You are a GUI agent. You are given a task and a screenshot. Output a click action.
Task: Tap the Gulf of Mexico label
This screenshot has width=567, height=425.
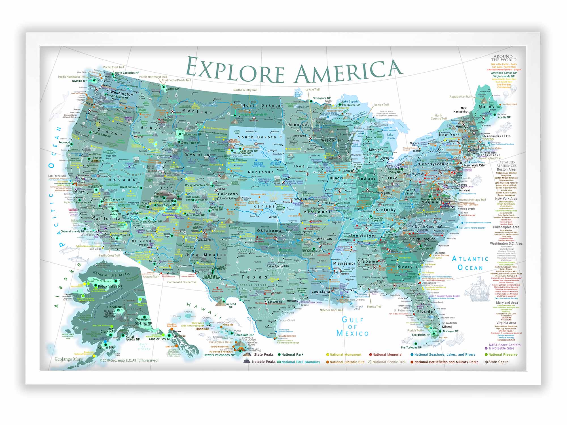[x=353, y=327]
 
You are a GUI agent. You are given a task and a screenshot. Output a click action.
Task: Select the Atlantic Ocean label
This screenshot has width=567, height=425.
[x=470, y=263]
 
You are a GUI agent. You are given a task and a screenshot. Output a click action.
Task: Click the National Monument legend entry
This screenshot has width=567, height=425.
[x=345, y=354]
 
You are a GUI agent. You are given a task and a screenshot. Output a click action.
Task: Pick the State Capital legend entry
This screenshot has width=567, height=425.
[x=499, y=362]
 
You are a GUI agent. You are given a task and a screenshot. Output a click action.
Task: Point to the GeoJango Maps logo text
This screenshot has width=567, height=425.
[x=69, y=359]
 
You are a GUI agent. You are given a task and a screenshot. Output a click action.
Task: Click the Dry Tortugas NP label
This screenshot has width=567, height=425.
[x=411, y=347]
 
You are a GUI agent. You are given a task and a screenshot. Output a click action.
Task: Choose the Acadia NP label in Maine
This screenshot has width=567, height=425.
[x=504, y=117]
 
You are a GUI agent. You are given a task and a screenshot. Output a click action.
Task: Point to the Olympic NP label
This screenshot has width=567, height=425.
[x=79, y=81]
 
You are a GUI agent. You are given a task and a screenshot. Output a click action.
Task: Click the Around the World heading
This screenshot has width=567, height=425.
[x=503, y=58]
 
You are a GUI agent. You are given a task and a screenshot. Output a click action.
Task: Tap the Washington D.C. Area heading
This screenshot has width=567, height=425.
[x=506, y=243]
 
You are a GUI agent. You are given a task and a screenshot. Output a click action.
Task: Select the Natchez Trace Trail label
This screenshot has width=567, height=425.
[x=331, y=310]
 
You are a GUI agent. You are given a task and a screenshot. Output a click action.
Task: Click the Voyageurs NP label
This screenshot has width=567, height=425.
[x=322, y=98]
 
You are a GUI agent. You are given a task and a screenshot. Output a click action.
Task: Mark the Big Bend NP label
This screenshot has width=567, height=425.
[x=230, y=305]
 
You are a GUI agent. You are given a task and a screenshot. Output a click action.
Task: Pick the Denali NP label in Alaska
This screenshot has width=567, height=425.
[x=115, y=307]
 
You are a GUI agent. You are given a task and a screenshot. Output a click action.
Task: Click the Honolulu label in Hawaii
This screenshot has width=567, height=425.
[x=202, y=329]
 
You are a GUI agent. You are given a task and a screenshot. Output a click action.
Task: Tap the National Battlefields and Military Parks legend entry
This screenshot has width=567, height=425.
[x=446, y=362]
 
